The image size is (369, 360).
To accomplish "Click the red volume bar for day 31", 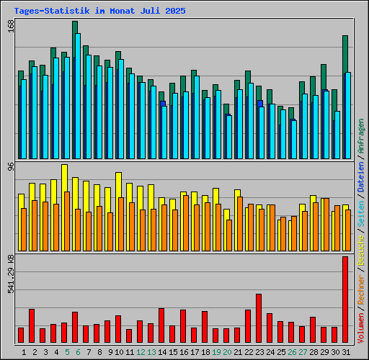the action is pyautogui.click(x=345, y=300).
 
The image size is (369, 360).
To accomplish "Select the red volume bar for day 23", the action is pyautogui.click(x=259, y=318).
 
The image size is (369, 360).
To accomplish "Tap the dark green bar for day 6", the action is pyautogui.click(x=74, y=90).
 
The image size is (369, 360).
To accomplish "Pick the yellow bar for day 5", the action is pyautogui.click(x=63, y=207).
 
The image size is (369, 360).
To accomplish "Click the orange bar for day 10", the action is pyautogui.click(x=121, y=224).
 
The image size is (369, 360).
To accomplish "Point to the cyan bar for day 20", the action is pyautogui.click(x=229, y=137).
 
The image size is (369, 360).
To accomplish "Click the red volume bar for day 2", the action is pyautogui.click(x=32, y=325).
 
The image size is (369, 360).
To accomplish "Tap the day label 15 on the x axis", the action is pyautogui.click(x=173, y=352).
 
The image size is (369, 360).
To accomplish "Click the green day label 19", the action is pyautogui.click(x=216, y=352).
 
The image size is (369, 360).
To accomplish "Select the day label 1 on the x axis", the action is pyautogui.click(x=24, y=352).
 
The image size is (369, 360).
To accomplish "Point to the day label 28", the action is pyautogui.click(x=314, y=352).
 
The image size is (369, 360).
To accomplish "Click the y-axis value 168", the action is pyautogui.click(x=11, y=27).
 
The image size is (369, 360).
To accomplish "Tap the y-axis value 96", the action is pyautogui.click(x=11, y=166).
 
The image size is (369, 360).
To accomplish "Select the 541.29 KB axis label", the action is pyautogui.click(x=11, y=274).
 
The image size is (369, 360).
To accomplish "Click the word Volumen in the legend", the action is pyautogui.click(x=361, y=328).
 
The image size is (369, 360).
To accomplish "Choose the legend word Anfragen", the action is pyautogui.click(x=361, y=136).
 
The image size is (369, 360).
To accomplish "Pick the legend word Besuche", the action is pyautogui.click(x=361, y=250).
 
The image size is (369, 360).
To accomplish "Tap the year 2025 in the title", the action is pyautogui.click(x=175, y=11).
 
